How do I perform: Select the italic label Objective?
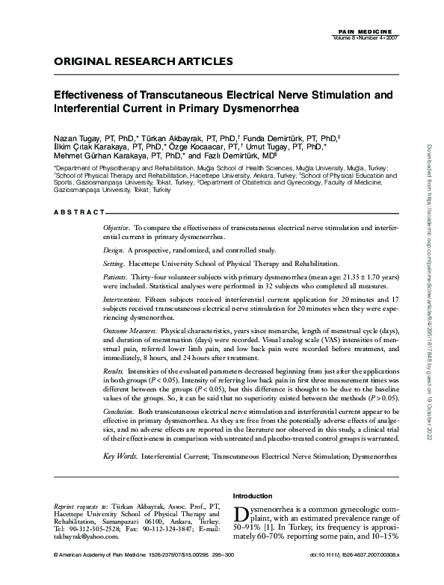[117, 226]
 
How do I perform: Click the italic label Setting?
[114, 264]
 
